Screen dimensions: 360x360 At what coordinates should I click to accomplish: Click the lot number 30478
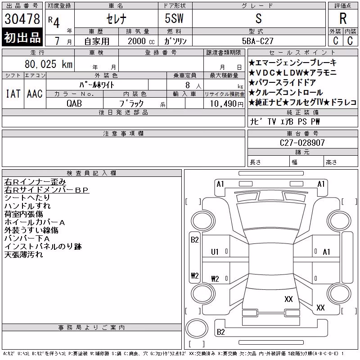22,19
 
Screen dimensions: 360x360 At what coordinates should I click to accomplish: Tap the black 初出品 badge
22,37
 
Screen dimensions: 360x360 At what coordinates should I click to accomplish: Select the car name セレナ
117,19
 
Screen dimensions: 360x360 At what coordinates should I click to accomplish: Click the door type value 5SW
174,18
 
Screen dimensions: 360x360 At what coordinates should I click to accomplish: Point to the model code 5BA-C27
258,41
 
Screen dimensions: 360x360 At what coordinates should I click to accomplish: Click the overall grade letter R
343,18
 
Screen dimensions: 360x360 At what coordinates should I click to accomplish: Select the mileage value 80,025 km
49,64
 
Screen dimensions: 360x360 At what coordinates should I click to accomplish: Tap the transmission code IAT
13,94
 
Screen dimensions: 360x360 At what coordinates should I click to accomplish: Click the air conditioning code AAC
35,94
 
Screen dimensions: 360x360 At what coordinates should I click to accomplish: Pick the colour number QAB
74,103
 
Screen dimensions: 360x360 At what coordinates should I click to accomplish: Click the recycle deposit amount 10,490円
227,104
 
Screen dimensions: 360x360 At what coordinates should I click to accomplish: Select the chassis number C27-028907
302,143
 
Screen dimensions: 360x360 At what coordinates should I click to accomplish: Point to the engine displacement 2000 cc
141,41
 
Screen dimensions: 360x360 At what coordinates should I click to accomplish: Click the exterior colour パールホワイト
97,85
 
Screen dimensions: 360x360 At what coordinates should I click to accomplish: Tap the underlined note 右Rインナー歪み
35,182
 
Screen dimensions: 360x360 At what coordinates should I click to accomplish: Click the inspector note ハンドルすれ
27,206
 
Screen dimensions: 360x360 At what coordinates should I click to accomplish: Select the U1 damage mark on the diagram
215,252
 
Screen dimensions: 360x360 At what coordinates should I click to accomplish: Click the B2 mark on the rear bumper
220,332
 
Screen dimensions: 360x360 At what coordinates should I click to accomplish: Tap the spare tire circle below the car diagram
197,328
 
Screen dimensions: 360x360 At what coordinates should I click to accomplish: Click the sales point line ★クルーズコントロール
286,93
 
